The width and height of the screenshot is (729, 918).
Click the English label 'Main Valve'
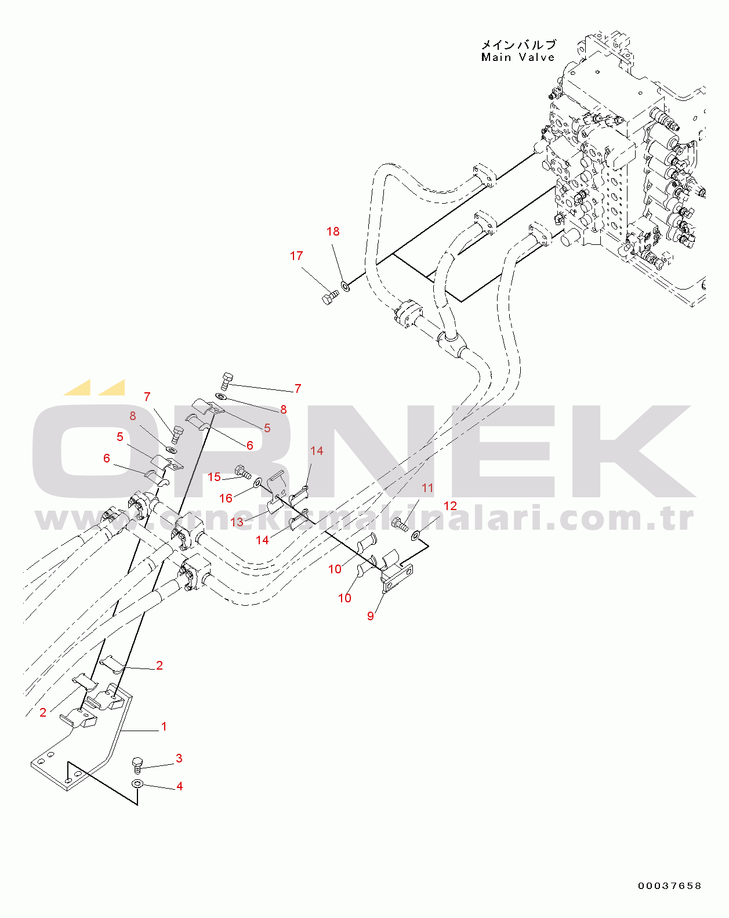518,57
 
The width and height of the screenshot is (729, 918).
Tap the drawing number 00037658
670,886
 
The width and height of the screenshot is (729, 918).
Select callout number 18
333,232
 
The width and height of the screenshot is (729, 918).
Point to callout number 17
296,256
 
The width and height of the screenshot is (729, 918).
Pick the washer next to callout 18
346,286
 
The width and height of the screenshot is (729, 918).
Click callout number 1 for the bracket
164,727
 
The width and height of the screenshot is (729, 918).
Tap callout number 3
179,758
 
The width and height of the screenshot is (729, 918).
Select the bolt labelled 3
137,765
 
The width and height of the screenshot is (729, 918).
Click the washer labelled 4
137,785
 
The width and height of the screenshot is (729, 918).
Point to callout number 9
371,616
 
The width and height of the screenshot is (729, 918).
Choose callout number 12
450,506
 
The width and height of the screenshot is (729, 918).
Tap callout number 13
237,522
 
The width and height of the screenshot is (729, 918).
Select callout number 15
214,477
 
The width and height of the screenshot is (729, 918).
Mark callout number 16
226,498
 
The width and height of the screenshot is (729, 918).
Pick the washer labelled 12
416,535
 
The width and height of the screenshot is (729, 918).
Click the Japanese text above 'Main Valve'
518,45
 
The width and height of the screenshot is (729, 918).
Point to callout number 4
180,786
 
